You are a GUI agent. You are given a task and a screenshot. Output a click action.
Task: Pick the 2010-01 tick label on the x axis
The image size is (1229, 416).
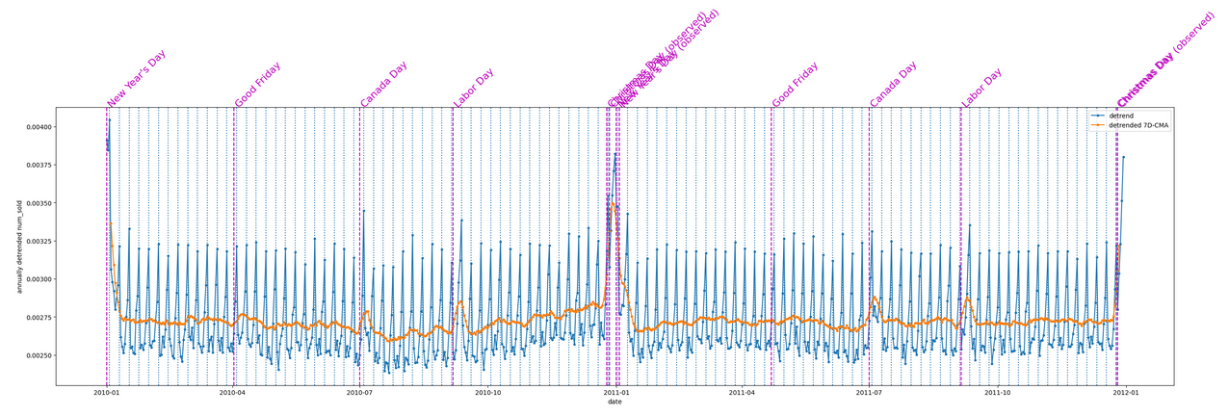tap(106, 393)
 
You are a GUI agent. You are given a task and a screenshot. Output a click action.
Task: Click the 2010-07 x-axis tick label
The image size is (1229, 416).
tap(359, 393)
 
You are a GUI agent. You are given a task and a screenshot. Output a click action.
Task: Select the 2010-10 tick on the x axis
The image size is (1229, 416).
tap(488, 393)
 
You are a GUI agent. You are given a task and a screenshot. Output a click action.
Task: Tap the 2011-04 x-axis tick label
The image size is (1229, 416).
tap(743, 393)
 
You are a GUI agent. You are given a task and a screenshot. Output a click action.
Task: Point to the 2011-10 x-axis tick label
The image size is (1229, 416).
tap(998, 393)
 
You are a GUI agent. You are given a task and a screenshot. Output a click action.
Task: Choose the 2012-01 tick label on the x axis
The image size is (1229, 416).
tap(1126, 393)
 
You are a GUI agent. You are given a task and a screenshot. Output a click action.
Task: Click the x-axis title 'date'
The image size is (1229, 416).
tap(614, 403)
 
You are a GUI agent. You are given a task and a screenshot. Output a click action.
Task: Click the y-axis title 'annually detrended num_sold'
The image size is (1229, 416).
tap(18, 247)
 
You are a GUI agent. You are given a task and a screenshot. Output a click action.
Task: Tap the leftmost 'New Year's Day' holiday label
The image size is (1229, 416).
tap(137, 78)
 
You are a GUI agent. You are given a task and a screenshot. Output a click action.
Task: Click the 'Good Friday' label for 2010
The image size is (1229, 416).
tap(258, 85)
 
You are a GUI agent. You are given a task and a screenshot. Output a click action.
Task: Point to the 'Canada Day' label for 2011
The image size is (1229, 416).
tap(893, 85)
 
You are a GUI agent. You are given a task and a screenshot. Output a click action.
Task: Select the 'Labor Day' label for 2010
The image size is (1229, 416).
tap(474, 88)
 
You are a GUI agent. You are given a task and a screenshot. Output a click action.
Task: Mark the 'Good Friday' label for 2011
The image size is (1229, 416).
tap(796, 85)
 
